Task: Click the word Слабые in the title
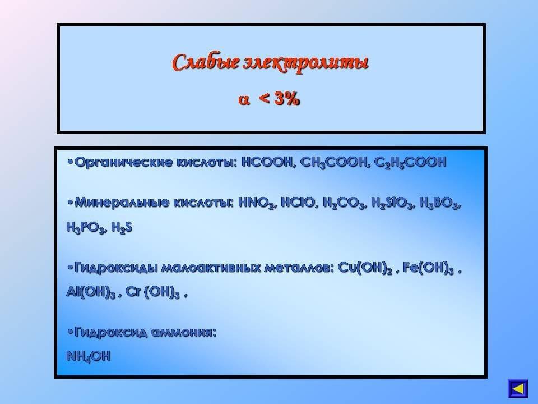pos(206,62)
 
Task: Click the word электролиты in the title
pos(306,64)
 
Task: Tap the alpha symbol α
pos(244,100)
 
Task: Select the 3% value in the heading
pos(287,99)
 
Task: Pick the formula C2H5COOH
pos(410,163)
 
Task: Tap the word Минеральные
pos(122,203)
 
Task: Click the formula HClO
pos(299,203)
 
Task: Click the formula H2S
pos(122,227)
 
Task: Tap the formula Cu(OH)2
pos(365,268)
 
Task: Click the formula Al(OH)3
pos(91,292)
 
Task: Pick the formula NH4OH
pos(89,357)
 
